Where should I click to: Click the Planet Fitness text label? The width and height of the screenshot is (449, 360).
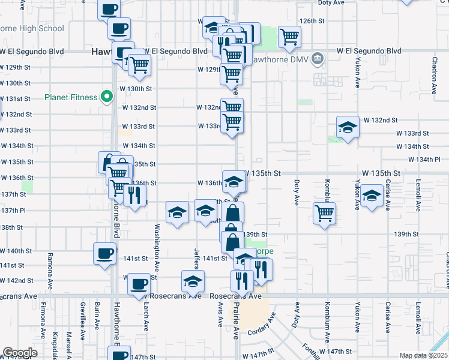(71, 97)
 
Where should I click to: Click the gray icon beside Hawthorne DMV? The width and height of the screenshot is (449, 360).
(318, 59)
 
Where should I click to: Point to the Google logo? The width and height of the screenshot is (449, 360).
(20, 353)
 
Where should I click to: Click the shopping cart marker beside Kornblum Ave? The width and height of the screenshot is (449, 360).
(324, 212)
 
